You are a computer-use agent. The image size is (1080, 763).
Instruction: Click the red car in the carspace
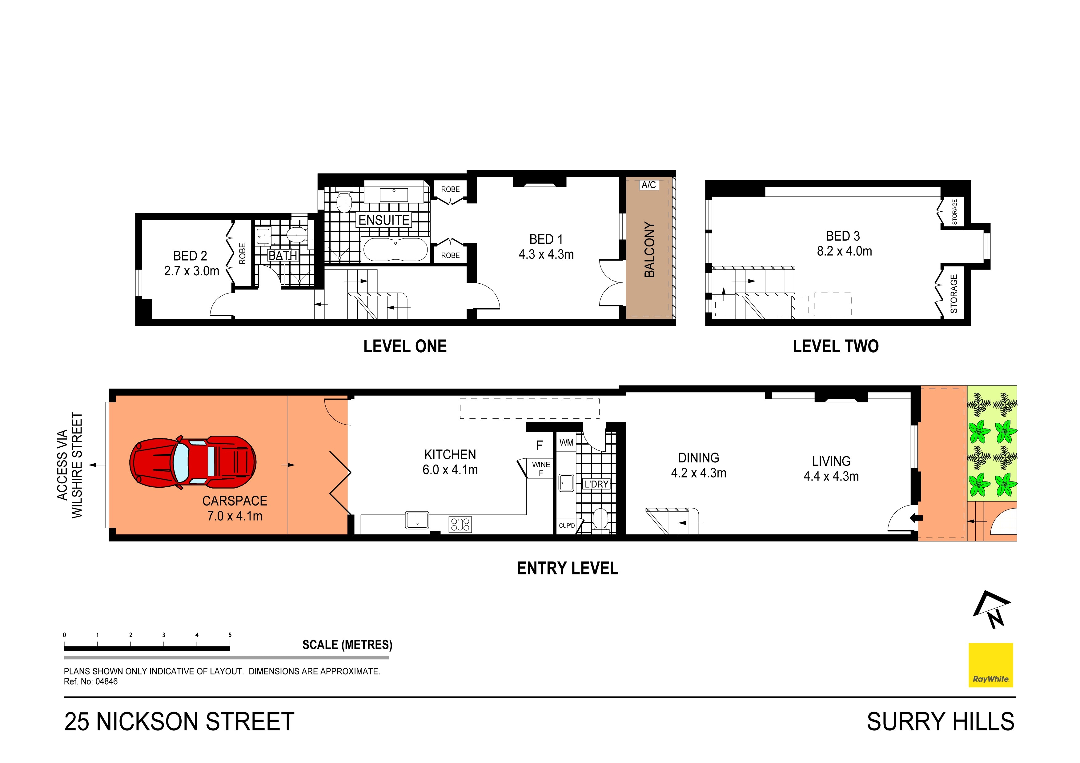tap(193, 462)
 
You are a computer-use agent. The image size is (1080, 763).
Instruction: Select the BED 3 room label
tap(843, 236)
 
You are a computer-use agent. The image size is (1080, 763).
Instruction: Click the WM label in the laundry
tap(566, 442)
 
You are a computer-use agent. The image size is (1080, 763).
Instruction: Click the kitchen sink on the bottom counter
tap(417, 521)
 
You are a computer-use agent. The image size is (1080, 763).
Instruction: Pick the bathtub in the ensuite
tap(395, 250)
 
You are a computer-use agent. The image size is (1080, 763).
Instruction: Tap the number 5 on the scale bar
tap(230, 635)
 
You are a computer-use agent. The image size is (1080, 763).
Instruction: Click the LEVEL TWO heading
tap(835, 346)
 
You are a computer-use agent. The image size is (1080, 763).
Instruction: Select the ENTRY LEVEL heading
tap(567, 568)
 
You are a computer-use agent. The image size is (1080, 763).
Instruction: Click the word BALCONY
tap(649, 249)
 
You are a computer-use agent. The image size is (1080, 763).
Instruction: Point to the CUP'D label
tap(566, 525)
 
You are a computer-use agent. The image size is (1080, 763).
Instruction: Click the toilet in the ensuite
tap(344, 202)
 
